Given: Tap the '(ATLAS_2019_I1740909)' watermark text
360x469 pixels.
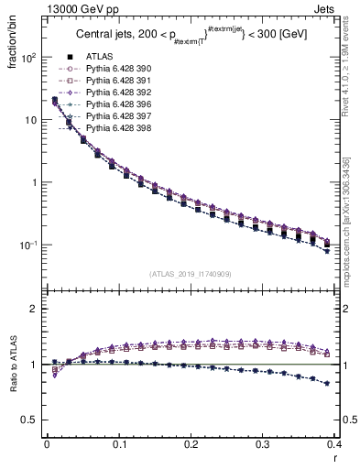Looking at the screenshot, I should pos(191,274).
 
